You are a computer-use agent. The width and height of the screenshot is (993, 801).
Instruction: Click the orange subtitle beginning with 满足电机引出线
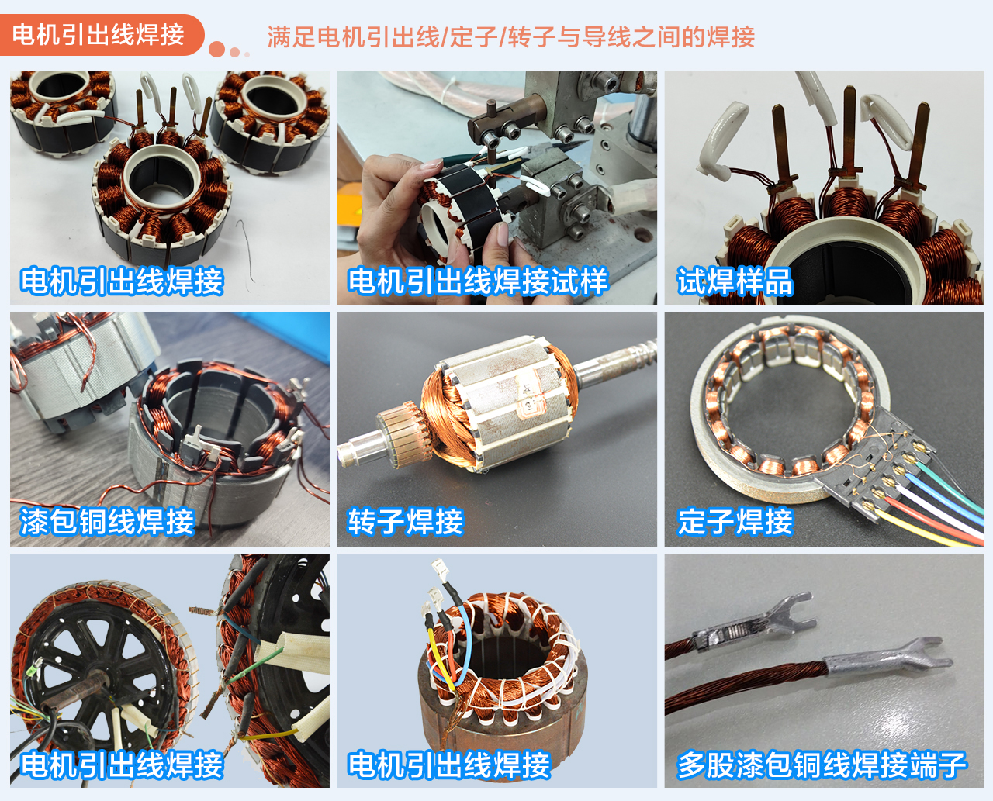[x=511, y=36]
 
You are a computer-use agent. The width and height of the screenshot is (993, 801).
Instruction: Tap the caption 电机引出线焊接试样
[x=478, y=281]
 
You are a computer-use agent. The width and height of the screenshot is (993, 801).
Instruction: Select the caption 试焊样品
[x=735, y=281]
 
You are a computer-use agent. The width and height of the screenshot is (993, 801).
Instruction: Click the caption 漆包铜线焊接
[x=107, y=521]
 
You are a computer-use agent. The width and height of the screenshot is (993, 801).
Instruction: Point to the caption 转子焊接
[x=406, y=521]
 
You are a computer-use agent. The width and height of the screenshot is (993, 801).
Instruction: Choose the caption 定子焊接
[x=735, y=521]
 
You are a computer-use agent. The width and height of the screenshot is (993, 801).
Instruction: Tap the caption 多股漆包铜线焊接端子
[x=822, y=765]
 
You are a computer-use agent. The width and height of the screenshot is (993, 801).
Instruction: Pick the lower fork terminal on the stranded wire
[x=888, y=661]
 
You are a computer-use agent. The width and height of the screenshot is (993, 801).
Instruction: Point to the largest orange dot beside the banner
[x=216, y=49]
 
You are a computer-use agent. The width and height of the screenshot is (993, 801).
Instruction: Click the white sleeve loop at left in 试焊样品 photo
[x=718, y=140]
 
